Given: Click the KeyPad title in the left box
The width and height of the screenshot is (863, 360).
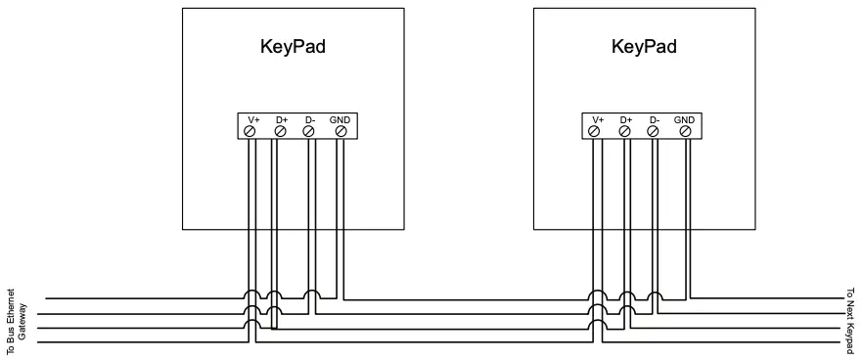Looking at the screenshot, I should click(x=293, y=47).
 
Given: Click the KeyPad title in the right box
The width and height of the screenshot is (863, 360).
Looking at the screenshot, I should click(x=644, y=47).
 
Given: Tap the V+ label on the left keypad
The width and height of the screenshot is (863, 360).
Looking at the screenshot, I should click(x=252, y=119).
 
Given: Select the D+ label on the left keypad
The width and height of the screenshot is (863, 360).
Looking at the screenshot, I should click(x=281, y=119).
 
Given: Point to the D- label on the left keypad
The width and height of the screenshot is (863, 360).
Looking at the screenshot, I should click(x=309, y=119).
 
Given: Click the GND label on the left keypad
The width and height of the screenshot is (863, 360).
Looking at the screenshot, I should click(x=340, y=119).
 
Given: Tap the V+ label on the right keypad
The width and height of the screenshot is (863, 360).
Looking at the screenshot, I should click(x=597, y=119).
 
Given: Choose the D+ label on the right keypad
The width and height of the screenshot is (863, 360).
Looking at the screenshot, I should click(x=626, y=119).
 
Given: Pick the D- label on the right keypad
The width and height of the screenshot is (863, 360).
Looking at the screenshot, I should click(x=655, y=119).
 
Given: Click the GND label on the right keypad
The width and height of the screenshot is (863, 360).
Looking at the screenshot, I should click(x=685, y=119).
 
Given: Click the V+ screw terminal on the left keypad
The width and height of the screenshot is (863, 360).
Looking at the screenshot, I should click(x=250, y=130).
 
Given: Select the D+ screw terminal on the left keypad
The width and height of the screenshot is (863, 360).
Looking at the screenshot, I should click(x=280, y=130).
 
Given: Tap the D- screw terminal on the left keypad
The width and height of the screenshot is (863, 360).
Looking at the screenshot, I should click(x=309, y=130).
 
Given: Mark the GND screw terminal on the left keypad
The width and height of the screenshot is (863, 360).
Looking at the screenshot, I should click(x=341, y=130).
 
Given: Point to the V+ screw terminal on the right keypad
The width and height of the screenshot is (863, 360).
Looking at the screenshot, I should click(x=596, y=130).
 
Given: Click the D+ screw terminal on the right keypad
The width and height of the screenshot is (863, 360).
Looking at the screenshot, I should click(x=625, y=130).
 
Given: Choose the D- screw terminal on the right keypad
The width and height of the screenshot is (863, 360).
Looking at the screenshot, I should click(x=655, y=130).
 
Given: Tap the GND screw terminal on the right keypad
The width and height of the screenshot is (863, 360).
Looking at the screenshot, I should click(x=686, y=130).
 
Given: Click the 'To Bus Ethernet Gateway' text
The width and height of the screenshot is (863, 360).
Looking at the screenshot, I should click(x=17, y=322).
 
